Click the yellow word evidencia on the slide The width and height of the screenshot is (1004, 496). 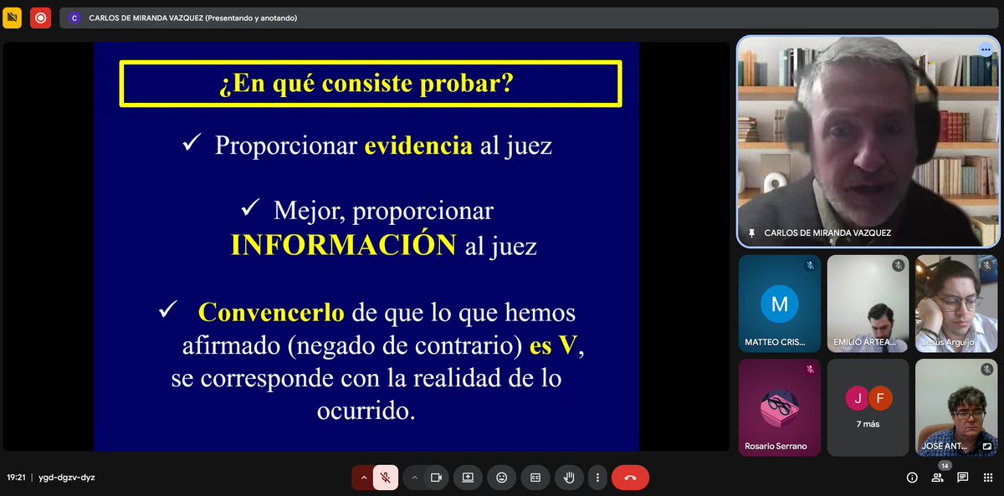417,146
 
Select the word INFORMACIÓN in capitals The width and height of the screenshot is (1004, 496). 343,245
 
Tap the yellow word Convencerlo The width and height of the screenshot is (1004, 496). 271,313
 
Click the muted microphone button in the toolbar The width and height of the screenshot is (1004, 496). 386,478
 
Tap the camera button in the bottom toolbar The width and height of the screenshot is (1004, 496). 435,478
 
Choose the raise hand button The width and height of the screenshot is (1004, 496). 569,478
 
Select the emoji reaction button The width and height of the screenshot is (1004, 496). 502,478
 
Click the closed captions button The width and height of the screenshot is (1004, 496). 535,478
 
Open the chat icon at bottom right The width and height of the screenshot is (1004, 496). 963,478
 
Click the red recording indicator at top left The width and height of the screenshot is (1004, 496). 39,18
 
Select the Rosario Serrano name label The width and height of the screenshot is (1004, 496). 776,446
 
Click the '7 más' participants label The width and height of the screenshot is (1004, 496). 867,424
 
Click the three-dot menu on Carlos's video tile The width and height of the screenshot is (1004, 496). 985,49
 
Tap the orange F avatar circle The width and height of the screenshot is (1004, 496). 878,399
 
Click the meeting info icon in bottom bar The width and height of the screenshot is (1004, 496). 912,478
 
